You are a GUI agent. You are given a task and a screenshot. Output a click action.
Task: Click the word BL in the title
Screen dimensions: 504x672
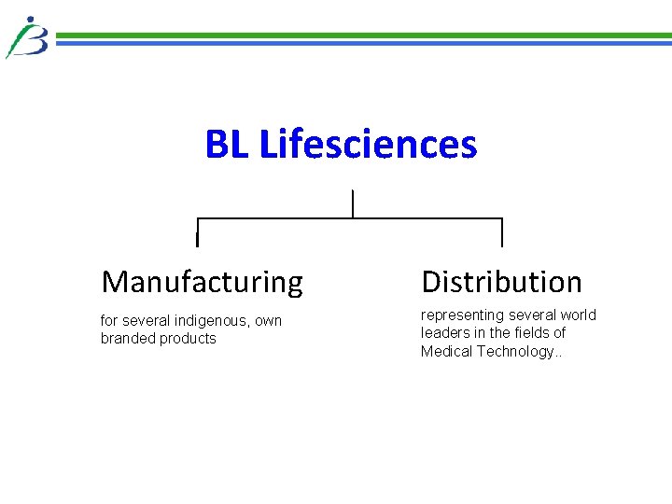(x=227, y=145)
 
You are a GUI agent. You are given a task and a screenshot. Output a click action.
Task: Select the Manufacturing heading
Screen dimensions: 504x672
(x=202, y=281)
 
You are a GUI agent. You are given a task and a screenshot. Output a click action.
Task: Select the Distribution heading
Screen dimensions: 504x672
(x=501, y=281)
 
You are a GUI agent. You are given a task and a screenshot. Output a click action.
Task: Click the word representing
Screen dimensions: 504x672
(x=462, y=315)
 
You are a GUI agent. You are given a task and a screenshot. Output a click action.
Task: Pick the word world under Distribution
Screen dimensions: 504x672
(x=579, y=315)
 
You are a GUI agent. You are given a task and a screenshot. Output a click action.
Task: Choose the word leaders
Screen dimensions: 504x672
(x=445, y=333)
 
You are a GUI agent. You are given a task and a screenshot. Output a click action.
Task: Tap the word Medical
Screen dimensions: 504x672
(x=447, y=352)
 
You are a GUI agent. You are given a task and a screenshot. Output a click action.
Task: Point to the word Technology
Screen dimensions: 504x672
(x=515, y=352)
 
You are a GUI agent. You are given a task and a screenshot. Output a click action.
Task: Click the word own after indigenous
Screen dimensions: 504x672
(x=268, y=321)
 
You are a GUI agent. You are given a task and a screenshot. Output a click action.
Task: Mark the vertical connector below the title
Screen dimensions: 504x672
(x=352, y=203)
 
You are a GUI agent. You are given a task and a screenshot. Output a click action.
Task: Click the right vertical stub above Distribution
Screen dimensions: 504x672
(x=502, y=232)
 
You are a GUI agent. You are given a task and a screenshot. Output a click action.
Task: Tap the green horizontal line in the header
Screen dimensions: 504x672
(x=364, y=35)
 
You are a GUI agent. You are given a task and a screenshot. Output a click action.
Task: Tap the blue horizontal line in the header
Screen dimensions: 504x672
(x=364, y=43)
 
